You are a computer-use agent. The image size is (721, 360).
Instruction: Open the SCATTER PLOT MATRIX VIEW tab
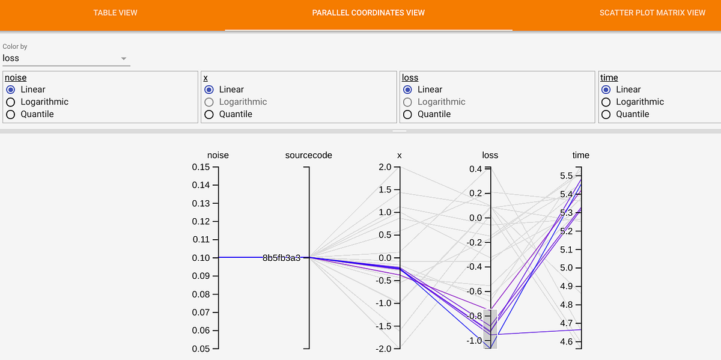653,13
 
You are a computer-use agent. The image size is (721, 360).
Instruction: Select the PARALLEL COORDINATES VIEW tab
368,13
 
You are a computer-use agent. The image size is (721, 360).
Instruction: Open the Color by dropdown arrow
124,58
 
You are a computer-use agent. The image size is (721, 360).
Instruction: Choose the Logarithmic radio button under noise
10,102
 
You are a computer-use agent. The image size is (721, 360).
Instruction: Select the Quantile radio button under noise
10,114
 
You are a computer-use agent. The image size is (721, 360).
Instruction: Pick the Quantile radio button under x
209,114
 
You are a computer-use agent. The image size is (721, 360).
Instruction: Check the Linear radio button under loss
407,90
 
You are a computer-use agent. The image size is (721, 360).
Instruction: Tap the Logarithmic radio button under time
606,102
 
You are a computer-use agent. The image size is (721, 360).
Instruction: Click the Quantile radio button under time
606,114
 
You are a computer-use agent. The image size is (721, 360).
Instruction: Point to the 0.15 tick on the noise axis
201,167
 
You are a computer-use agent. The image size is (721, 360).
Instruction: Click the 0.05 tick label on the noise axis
201,349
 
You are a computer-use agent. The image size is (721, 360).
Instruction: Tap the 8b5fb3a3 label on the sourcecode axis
281,258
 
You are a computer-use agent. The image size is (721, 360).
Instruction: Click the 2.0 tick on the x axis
384,167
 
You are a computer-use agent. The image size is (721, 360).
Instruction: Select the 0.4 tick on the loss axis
476,169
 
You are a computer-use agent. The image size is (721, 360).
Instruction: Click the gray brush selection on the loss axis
490,328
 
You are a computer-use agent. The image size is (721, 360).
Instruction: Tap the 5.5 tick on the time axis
566,176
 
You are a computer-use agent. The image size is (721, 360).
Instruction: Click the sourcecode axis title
308,155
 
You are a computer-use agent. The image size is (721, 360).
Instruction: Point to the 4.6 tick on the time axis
566,342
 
